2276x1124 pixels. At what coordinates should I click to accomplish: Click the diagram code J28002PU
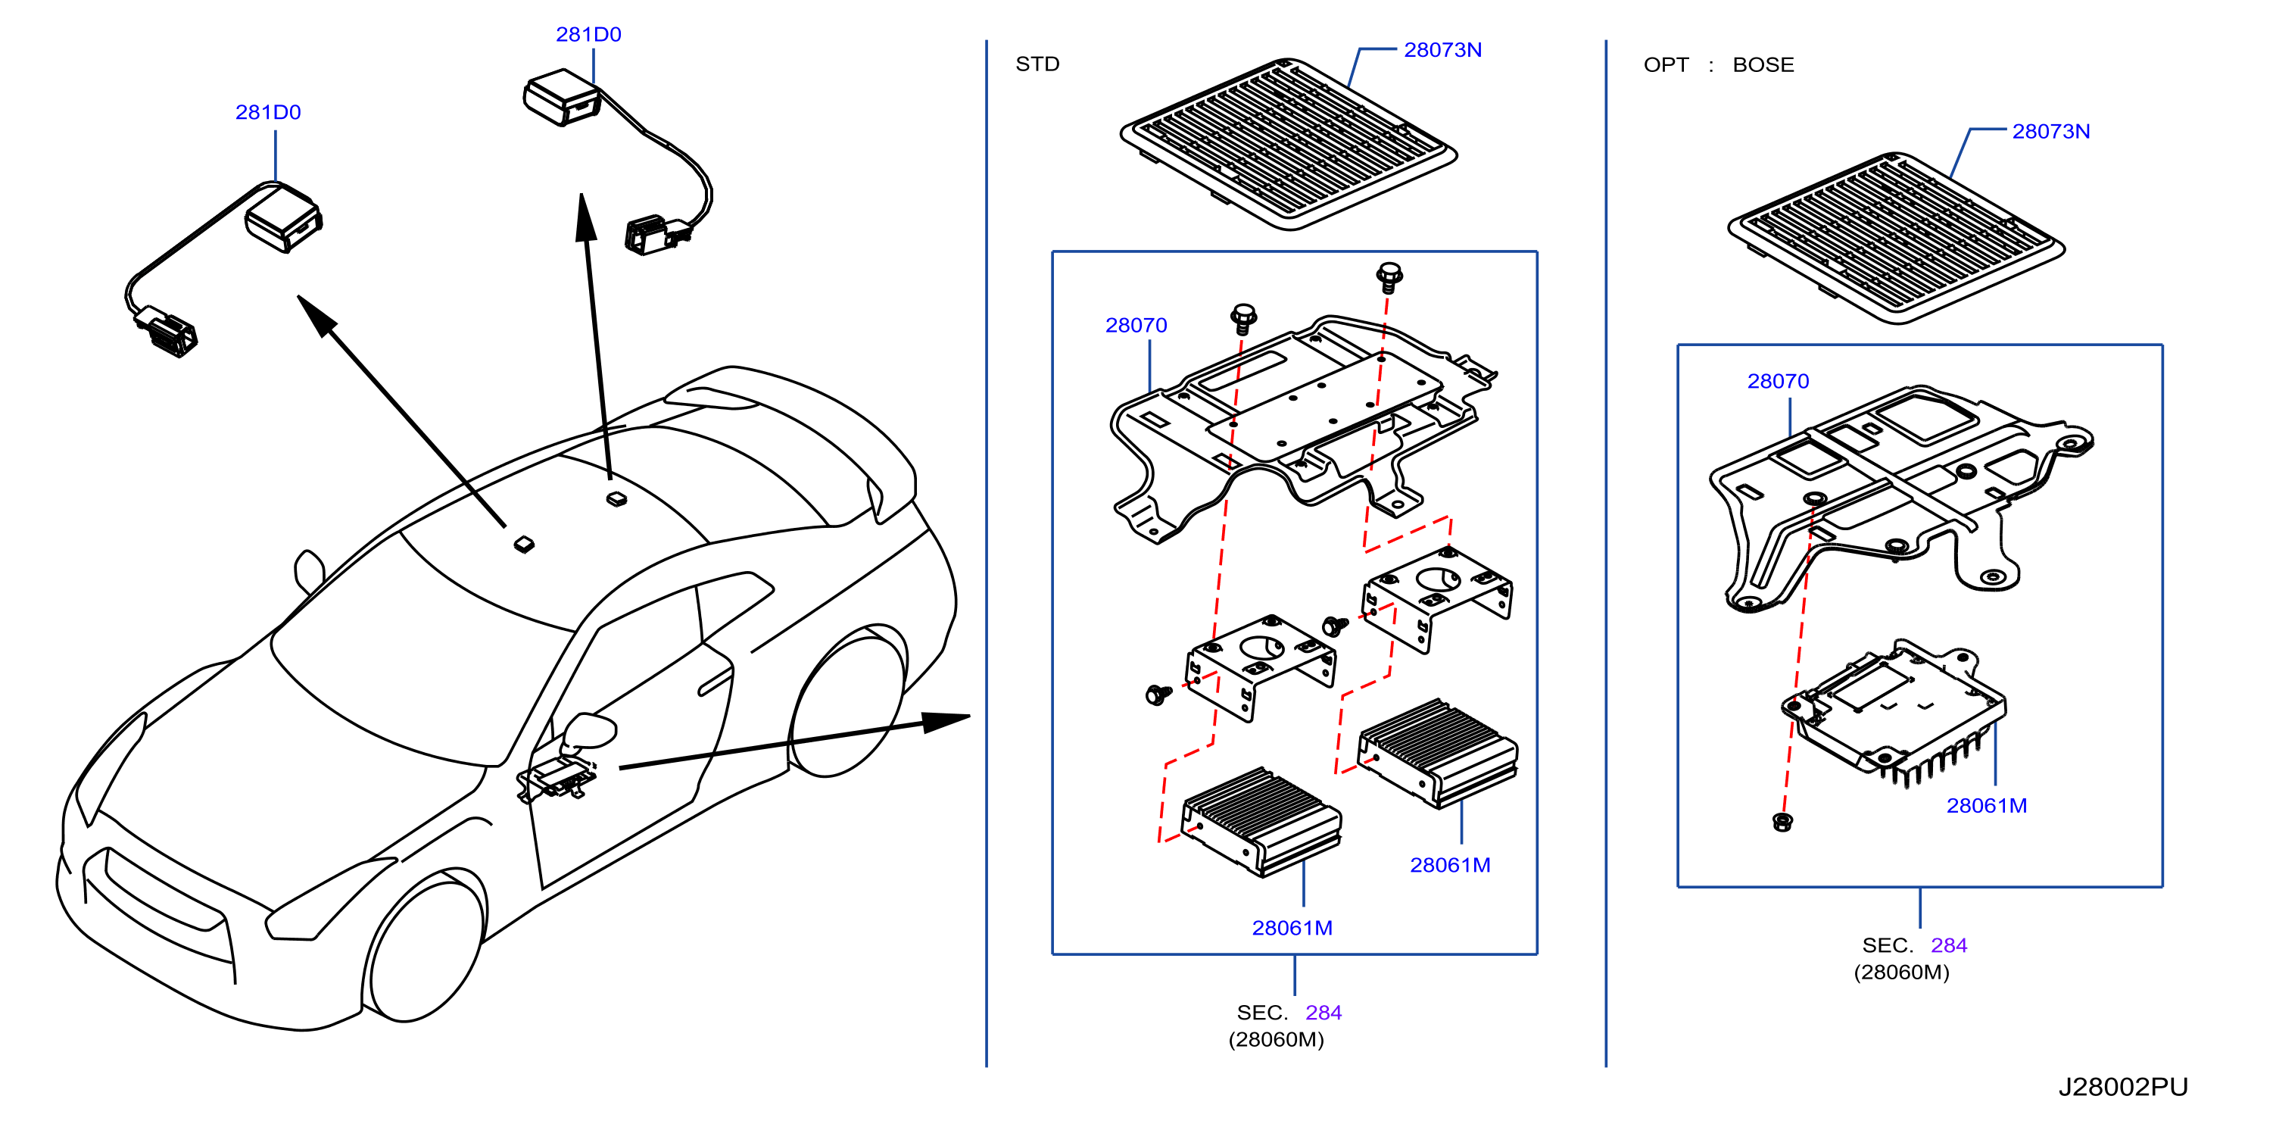(2122, 1087)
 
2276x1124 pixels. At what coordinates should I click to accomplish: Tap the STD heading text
(1037, 64)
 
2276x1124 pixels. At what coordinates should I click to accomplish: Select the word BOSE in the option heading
(1763, 64)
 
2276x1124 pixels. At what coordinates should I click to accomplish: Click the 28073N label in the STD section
(1443, 49)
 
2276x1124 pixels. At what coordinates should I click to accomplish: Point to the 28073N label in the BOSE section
(2050, 131)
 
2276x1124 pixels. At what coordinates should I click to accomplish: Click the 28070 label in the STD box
(1136, 325)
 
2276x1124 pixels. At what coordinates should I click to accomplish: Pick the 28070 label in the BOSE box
(1778, 381)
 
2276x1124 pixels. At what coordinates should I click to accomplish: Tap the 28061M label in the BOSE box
(1986, 805)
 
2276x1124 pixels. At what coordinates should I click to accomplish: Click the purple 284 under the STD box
(1324, 1013)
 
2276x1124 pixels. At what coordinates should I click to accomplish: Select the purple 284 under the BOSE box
(1949, 944)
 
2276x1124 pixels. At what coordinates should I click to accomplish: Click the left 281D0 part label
(268, 112)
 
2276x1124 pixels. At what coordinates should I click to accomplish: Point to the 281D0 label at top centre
(588, 35)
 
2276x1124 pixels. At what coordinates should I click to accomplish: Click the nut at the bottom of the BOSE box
(1783, 823)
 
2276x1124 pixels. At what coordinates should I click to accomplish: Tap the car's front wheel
(424, 945)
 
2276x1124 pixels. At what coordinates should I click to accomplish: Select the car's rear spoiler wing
(795, 433)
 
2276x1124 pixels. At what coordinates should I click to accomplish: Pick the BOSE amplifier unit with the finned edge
(1894, 711)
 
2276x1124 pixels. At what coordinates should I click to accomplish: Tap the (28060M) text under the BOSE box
(1901, 972)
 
